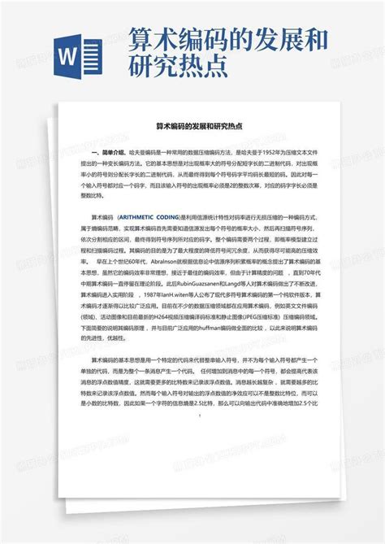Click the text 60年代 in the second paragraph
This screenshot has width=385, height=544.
click(145, 263)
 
